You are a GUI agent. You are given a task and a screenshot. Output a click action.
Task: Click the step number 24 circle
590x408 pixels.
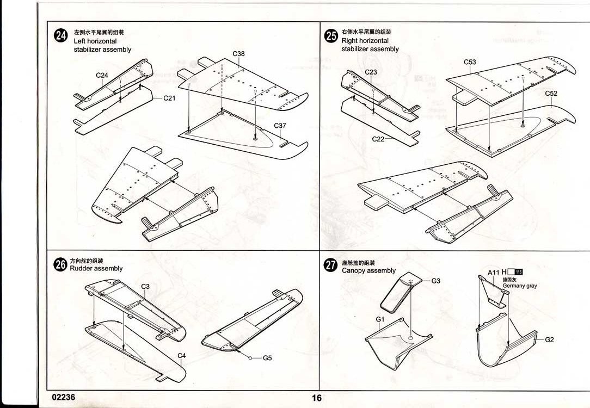pyautogui.click(x=61, y=36)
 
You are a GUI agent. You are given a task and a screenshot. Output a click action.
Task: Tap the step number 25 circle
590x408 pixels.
pyautogui.click(x=330, y=36)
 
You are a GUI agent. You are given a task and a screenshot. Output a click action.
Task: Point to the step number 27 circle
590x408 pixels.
pyautogui.click(x=330, y=265)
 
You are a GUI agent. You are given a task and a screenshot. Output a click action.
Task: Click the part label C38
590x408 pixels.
pyautogui.click(x=238, y=54)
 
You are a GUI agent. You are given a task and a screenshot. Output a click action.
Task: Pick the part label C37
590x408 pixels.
pyautogui.click(x=280, y=126)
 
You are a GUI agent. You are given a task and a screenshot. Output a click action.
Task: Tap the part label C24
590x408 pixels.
pyautogui.click(x=102, y=75)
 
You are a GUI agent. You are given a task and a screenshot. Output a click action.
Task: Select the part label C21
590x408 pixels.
pyautogui.click(x=169, y=98)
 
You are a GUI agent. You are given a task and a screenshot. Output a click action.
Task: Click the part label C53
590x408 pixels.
pyautogui.click(x=470, y=62)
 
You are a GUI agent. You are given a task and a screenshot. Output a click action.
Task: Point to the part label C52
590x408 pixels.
pyautogui.click(x=551, y=94)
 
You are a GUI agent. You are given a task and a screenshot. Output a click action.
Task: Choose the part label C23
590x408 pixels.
pyautogui.click(x=371, y=72)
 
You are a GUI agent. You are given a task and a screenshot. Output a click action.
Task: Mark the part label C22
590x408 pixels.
pyautogui.click(x=378, y=139)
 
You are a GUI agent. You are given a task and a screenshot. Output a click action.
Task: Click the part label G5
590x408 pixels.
pyautogui.click(x=267, y=358)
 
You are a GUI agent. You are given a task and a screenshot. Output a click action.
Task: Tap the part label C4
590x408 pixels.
pyautogui.click(x=182, y=356)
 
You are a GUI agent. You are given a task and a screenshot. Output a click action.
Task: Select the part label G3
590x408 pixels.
pyautogui.click(x=435, y=281)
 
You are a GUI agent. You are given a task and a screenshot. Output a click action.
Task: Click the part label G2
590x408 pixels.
pyautogui.click(x=549, y=339)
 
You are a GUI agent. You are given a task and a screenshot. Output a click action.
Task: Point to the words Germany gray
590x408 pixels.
pyautogui.click(x=519, y=286)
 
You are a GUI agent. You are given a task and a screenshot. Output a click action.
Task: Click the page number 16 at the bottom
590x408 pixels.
pyautogui.click(x=317, y=398)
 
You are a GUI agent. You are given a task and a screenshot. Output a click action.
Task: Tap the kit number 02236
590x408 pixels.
pyautogui.click(x=64, y=397)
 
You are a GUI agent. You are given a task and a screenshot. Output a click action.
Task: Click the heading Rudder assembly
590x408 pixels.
pyautogui.click(x=96, y=268)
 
